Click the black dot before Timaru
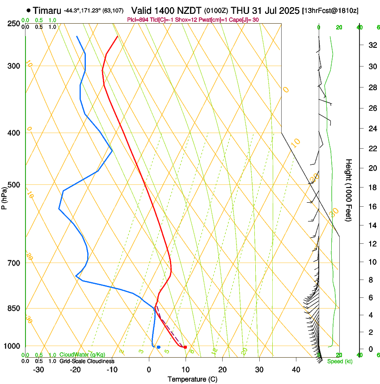[x=29, y=10]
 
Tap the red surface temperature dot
[x=185, y=347]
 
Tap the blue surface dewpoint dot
[x=158, y=347]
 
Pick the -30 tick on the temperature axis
[x=38, y=369]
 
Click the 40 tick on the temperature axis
[x=296, y=369]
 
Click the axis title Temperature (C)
[x=192, y=379]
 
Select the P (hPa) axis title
[x=4, y=196]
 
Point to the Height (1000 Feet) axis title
[x=349, y=190]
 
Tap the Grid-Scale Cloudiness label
[x=87, y=361]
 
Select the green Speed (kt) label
[x=339, y=361]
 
